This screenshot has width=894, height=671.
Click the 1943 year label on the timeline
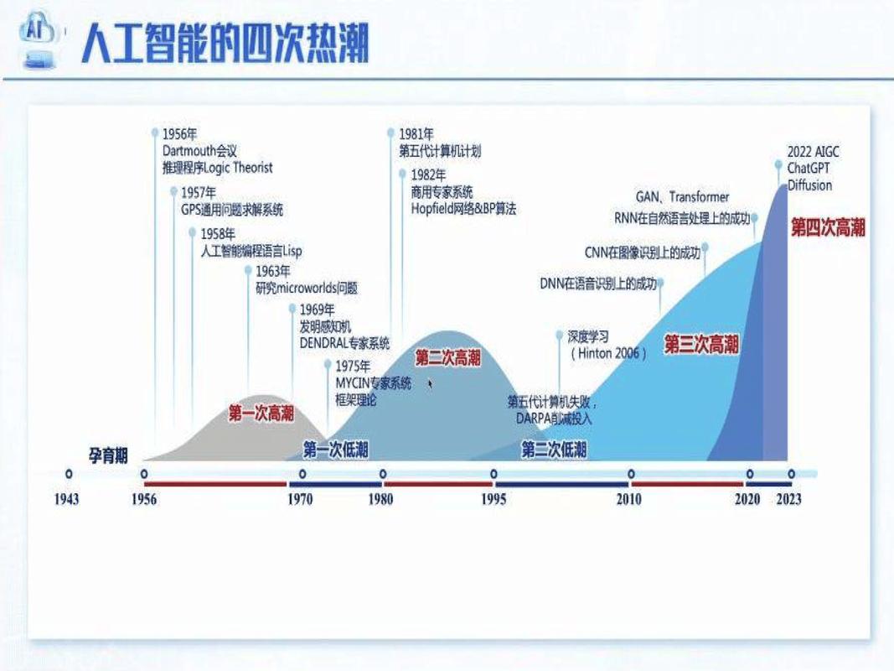[x=66, y=499]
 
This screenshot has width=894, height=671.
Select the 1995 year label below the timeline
[x=493, y=499]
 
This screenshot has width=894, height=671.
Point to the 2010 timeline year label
[x=628, y=499]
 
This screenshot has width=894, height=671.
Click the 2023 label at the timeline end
[x=788, y=499]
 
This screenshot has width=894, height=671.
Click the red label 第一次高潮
[x=261, y=414]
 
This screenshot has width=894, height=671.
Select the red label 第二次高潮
[x=448, y=358]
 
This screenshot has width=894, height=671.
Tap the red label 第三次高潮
[x=701, y=344]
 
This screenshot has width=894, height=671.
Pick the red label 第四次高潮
[x=828, y=227]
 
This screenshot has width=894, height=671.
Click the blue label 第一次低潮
[x=335, y=450]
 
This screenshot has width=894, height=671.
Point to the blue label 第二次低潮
[x=554, y=450]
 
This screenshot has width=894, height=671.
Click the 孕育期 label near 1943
[x=109, y=455]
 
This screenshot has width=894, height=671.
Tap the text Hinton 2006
[x=609, y=353]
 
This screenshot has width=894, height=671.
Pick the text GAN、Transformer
[x=682, y=197]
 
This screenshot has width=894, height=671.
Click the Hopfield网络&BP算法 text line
[x=463, y=209]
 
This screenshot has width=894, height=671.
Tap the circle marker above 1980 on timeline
[x=383, y=474]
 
